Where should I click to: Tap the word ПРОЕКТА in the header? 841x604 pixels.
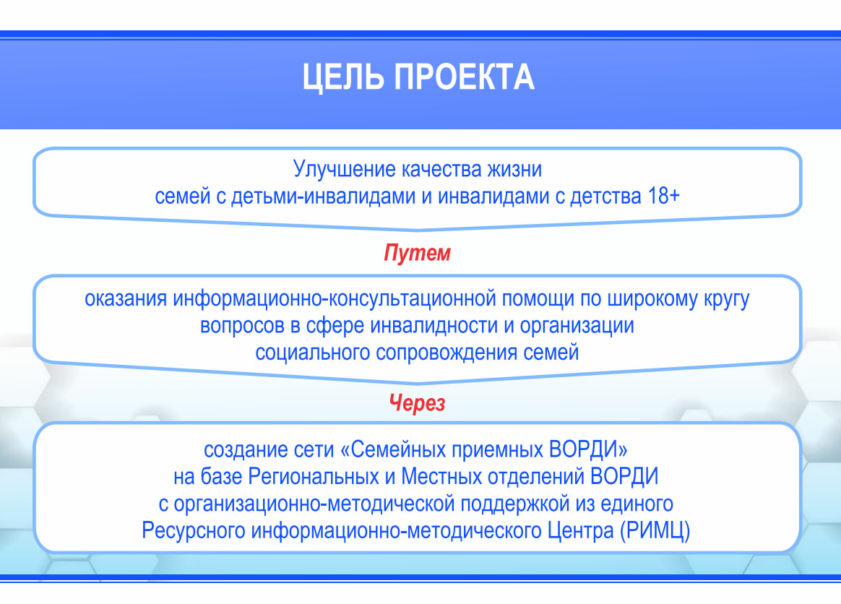click(465, 77)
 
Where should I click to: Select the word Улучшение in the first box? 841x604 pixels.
click(344, 170)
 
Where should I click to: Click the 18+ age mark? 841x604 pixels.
click(664, 196)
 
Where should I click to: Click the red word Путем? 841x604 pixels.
click(418, 253)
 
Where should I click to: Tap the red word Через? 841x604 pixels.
click(418, 402)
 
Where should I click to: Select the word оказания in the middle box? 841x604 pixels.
click(126, 299)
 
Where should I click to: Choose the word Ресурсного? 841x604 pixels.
click(194, 531)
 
